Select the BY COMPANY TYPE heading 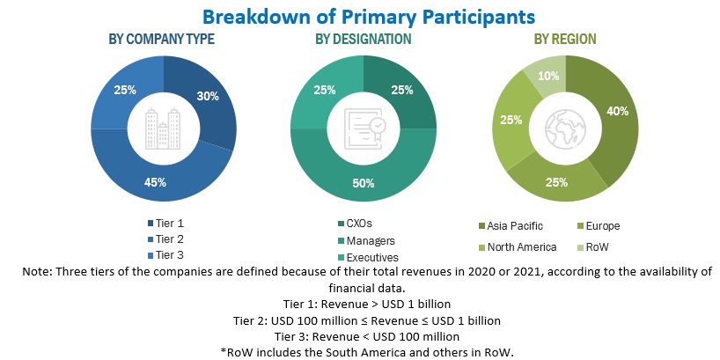[x=161, y=40]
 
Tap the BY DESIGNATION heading [x=363, y=40]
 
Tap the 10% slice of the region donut [x=547, y=74]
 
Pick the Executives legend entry [x=365, y=255]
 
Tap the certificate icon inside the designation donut [x=364, y=129]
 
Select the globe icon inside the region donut [x=565, y=129]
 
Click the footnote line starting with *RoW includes [x=360, y=351]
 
